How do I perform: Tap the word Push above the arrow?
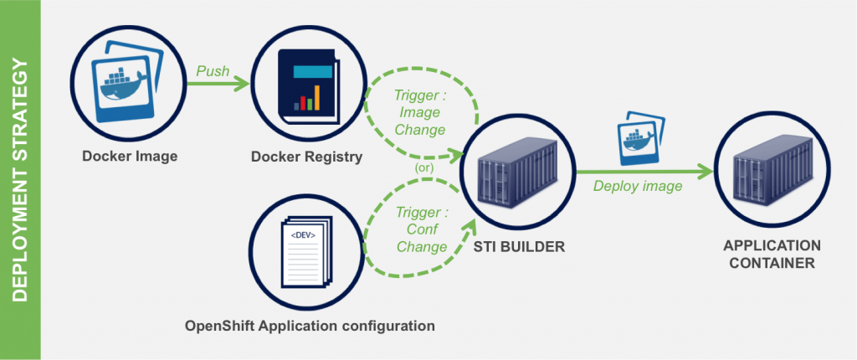pyautogui.click(x=213, y=71)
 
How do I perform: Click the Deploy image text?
pyautogui.click(x=639, y=186)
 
